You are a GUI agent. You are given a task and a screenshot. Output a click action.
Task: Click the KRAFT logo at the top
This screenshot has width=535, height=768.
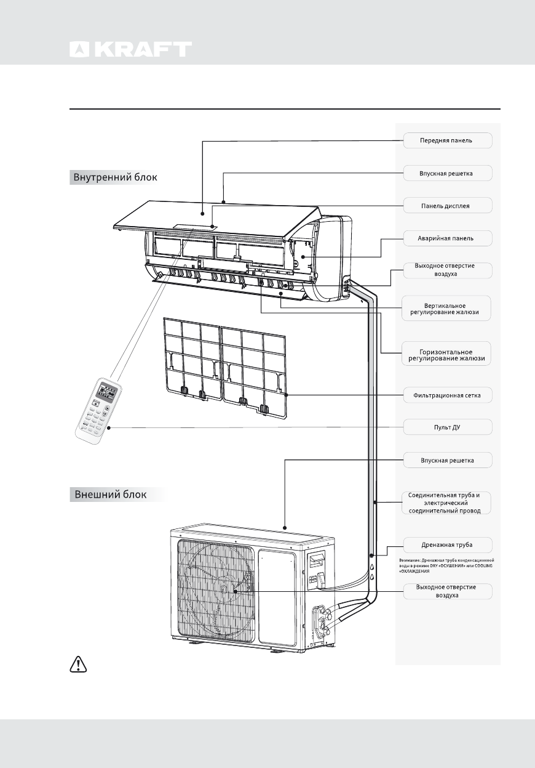pos(130,49)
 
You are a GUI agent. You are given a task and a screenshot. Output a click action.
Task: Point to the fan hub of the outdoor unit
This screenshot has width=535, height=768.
pos(224,589)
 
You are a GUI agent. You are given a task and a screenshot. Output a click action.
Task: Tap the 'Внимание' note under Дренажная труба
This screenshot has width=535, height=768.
pos(451,565)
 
